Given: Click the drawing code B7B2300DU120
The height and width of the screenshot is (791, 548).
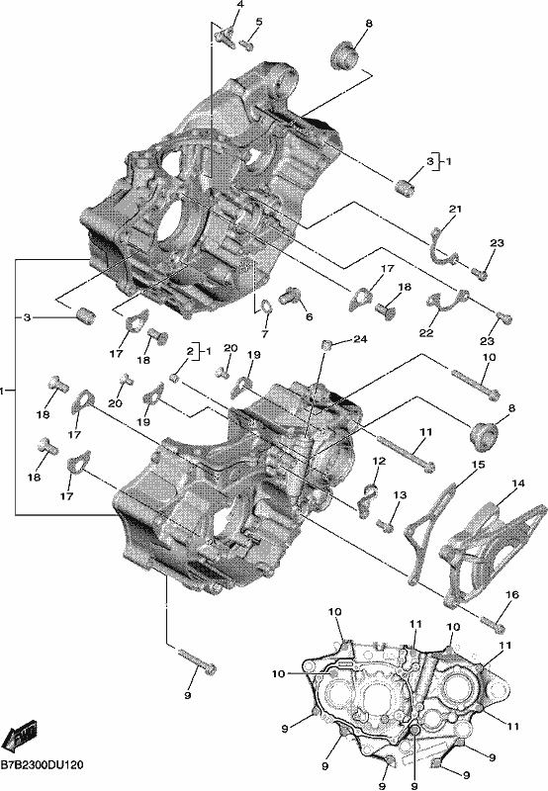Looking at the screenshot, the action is pyautogui.click(x=42, y=765).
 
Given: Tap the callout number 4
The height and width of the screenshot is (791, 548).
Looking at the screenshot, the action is pyautogui.click(x=239, y=5).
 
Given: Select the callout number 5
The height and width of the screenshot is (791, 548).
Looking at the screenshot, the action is pyautogui.click(x=259, y=22).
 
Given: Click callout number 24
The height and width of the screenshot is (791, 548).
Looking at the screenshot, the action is pyautogui.click(x=360, y=339).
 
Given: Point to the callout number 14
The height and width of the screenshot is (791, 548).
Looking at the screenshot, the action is pyautogui.click(x=518, y=483).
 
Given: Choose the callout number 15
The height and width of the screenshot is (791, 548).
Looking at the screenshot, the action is pyautogui.click(x=479, y=464).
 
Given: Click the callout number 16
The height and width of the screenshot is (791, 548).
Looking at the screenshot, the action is pyautogui.click(x=511, y=595).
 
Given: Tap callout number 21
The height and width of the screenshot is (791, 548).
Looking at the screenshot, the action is pyautogui.click(x=456, y=209).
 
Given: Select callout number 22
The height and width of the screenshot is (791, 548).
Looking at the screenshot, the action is pyautogui.click(x=426, y=333).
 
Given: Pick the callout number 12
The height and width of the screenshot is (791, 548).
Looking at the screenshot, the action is pyautogui.click(x=379, y=461).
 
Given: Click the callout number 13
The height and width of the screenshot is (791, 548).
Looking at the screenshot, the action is pyautogui.click(x=400, y=495).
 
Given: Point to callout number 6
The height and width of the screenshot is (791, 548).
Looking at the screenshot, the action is pyautogui.click(x=310, y=316).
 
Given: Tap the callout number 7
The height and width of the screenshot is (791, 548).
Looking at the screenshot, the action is pyautogui.click(x=265, y=333).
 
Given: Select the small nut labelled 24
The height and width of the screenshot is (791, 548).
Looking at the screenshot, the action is pyautogui.click(x=327, y=345).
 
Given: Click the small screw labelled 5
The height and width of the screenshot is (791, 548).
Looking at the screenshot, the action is pyautogui.click(x=246, y=44).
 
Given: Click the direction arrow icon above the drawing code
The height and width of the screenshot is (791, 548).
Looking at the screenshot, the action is pyautogui.click(x=19, y=737).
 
